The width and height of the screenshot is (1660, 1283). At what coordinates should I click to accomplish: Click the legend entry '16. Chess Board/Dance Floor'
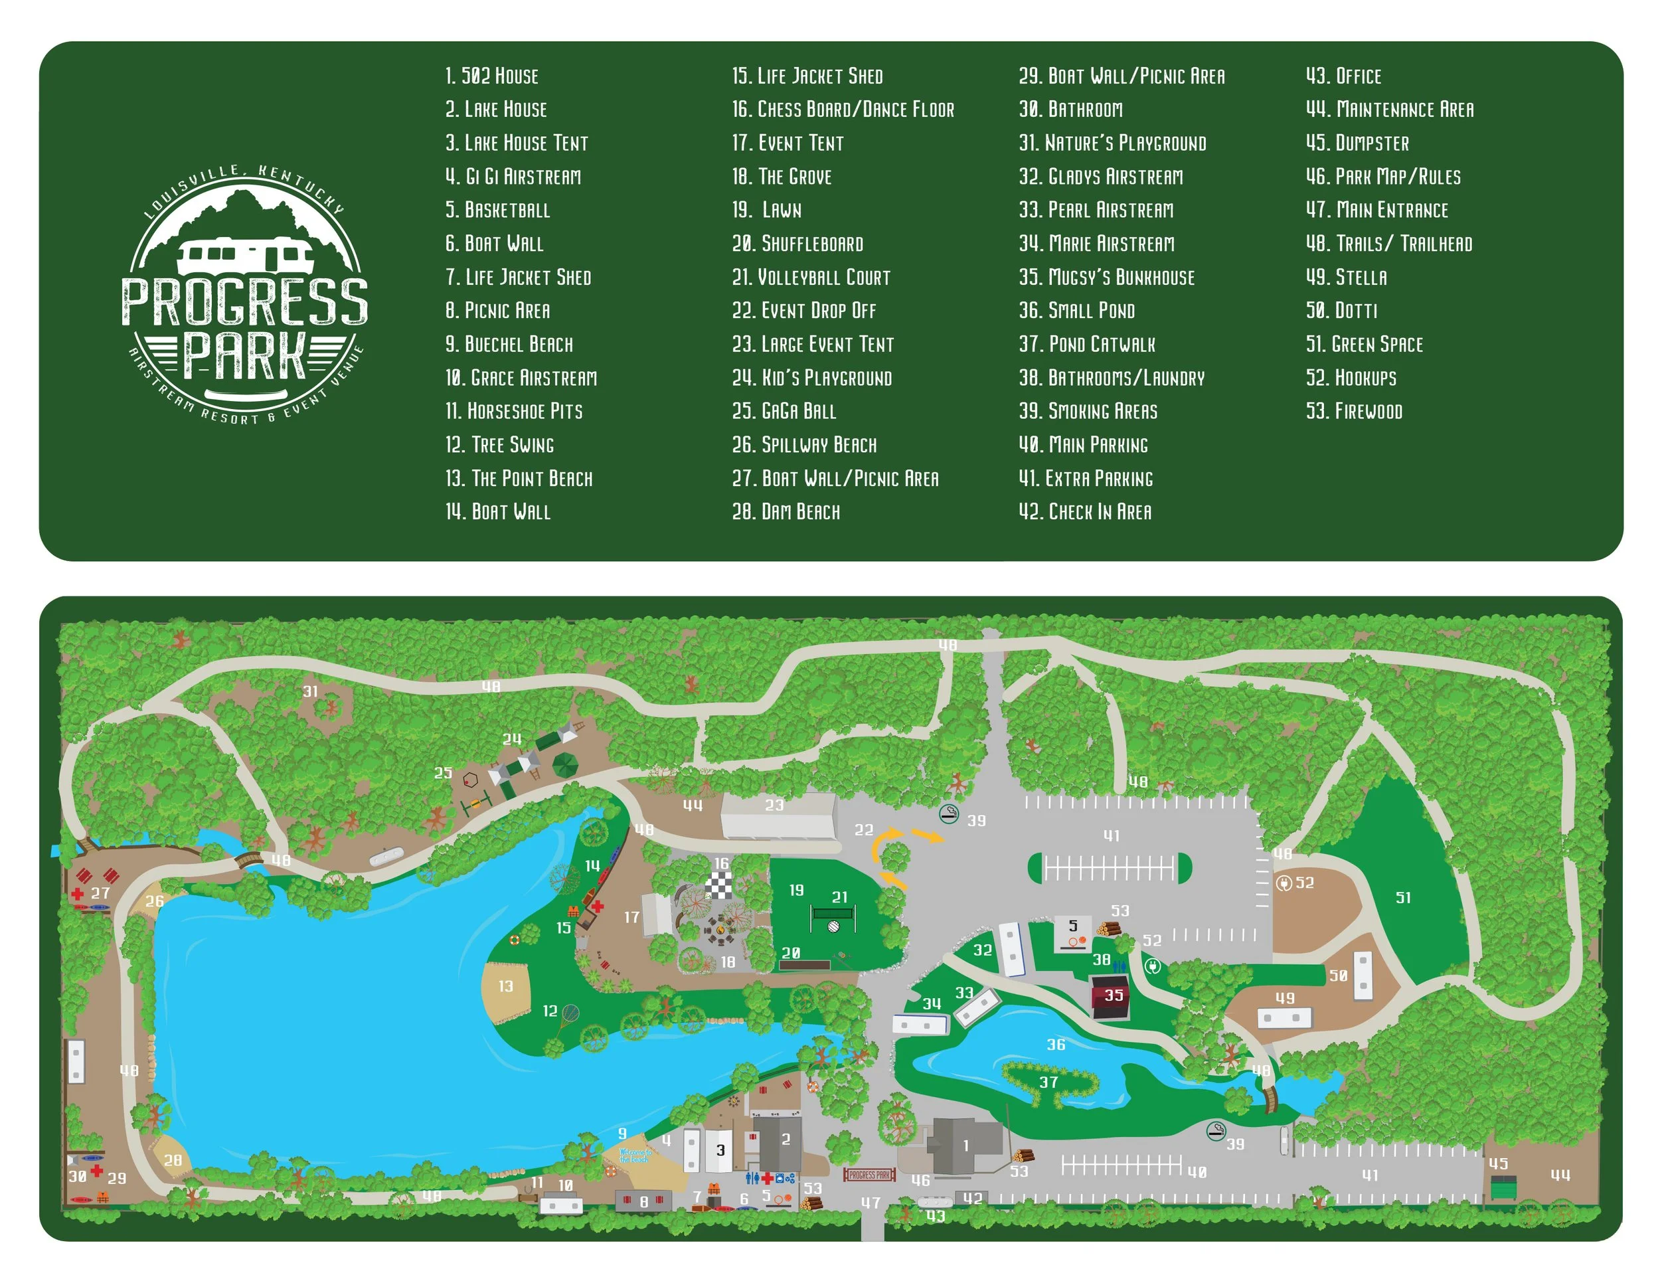point(842,110)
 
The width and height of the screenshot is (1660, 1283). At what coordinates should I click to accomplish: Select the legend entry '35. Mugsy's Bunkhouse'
point(1106,278)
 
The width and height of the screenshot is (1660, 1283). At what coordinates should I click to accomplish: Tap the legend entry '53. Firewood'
point(1354,411)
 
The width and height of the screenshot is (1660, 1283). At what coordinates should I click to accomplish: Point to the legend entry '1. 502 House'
point(492,76)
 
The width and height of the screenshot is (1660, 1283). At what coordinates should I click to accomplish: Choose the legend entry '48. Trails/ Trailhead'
point(1388,243)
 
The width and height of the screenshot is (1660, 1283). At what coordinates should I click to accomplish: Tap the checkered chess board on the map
point(719,885)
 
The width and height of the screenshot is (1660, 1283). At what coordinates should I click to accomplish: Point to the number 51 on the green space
point(1403,898)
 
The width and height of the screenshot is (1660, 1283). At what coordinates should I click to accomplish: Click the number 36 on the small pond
point(1056,1045)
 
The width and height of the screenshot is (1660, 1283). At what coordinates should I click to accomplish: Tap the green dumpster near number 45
point(1503,1188)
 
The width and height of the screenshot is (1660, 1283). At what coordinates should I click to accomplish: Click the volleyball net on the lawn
point(833,919)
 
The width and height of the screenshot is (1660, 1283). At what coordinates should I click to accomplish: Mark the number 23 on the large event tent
point(774,805)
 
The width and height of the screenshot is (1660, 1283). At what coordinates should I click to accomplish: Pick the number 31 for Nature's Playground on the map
point(310,692)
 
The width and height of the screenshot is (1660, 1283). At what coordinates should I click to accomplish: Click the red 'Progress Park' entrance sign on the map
point(869,1175)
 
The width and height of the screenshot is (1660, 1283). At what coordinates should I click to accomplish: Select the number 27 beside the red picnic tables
point(100,893)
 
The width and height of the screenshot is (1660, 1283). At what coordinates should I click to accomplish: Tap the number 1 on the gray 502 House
point(966,1146)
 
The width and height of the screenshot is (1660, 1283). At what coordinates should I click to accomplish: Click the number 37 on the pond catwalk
point(1049,1082)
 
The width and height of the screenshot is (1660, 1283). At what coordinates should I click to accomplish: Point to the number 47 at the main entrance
point(871,1203)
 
